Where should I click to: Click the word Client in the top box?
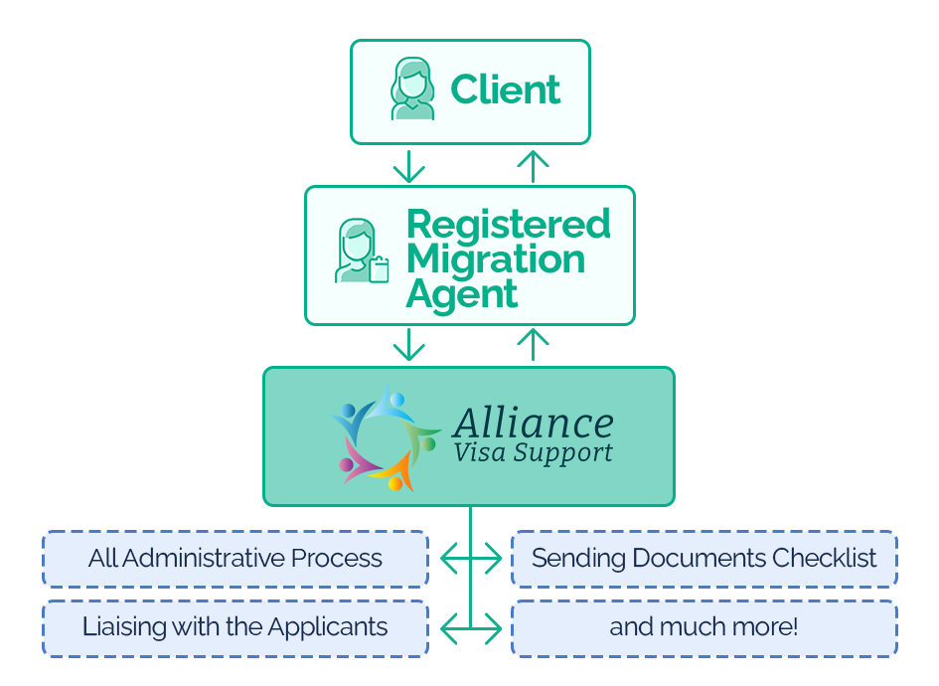click(x=506, y=89)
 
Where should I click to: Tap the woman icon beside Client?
click(x=411, y=89)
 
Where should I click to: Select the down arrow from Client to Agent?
click(x=408, y=166)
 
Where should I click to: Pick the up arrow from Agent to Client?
click(x=534, y=166)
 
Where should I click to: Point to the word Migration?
click(x=496, y=258)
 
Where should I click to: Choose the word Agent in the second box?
click(x=462, y=294)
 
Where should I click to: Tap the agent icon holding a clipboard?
click(x=361, y=253)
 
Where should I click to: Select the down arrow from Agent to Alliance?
click(x=408, y=345)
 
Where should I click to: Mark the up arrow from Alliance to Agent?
click(x=534, y=345)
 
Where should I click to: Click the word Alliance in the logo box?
click(x=533, y=424)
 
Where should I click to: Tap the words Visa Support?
click(x=533, y=453)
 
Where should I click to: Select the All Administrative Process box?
click(x=235, y=559)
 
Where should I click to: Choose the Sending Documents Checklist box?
click(x=704, y=559)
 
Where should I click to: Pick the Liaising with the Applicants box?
click(x=235, y=627)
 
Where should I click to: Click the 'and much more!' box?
click(x=704, y=627)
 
